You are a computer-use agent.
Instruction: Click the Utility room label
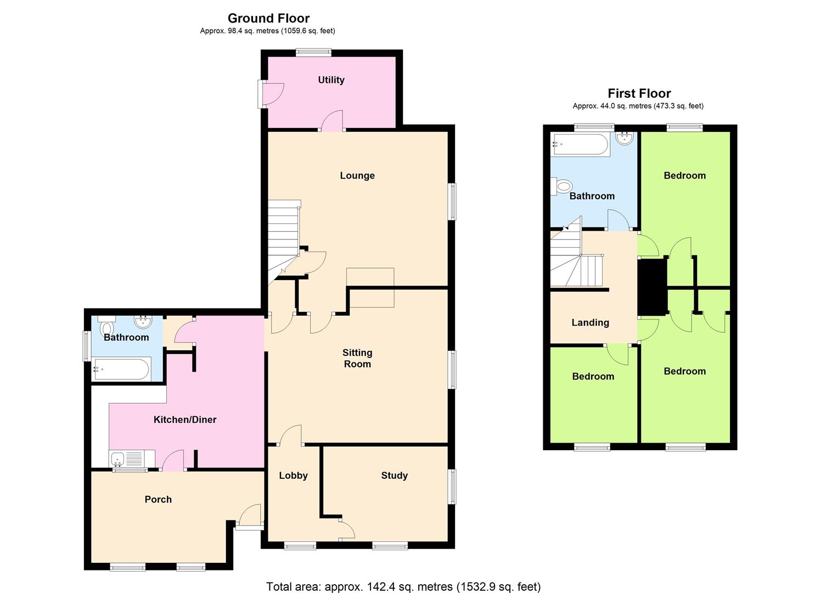331,80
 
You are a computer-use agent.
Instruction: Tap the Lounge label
357,176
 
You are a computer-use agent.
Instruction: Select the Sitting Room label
357,358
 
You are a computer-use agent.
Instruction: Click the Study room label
394,475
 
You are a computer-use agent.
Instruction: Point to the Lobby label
293,475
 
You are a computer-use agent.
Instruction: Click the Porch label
158,499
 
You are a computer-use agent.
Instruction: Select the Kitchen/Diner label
184,419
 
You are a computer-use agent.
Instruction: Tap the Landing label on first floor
590,323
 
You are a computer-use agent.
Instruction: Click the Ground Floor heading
268,19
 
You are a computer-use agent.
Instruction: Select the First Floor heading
639,93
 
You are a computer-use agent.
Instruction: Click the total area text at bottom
403,586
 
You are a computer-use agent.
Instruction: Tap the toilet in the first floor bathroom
563,187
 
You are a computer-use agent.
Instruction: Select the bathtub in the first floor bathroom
581,144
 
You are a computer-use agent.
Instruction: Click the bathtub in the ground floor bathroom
121,369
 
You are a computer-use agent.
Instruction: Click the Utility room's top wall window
313,53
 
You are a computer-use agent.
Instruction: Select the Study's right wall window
452,486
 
